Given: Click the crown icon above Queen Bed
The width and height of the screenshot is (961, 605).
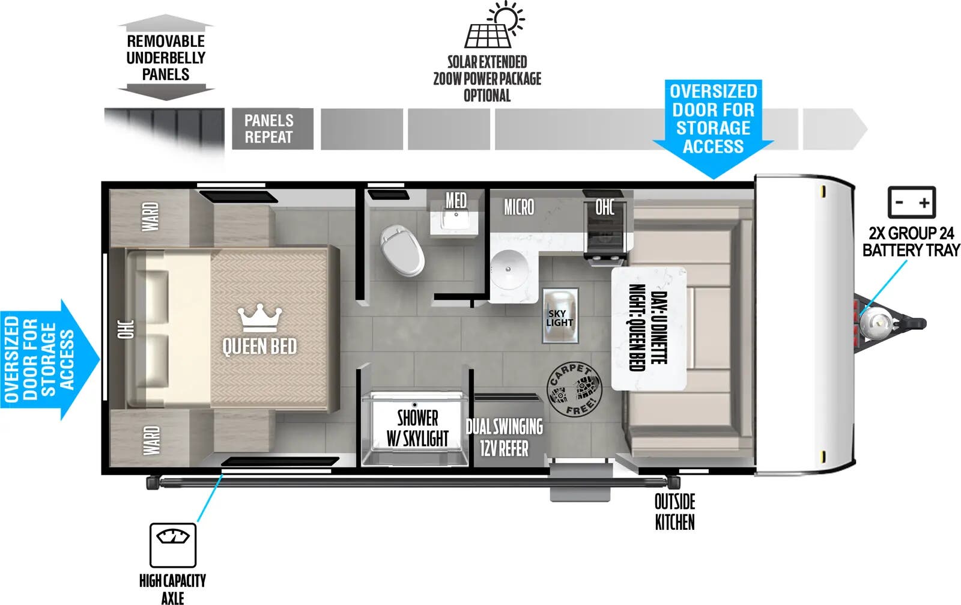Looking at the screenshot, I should [259, 317].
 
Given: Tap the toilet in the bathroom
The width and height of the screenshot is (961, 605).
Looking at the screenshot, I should [402, 251].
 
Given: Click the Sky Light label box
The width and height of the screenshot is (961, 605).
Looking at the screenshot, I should [560, 317].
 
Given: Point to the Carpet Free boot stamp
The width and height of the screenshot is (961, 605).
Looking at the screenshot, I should [574, 390].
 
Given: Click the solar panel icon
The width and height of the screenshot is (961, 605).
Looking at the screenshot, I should [488, 34].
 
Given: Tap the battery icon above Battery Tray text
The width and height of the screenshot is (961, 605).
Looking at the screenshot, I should [911, 202].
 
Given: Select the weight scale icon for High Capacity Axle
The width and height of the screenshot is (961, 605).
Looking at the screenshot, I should [173, 544].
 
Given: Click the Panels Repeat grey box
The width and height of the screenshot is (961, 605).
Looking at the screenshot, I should [273, 129].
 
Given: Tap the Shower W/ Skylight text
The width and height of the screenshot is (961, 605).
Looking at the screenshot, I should [417, 428].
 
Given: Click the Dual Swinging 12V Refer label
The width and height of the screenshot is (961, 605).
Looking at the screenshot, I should [505, 437].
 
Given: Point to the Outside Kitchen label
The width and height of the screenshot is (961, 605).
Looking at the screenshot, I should [675, 512].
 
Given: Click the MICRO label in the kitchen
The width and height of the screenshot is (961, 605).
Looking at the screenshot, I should [519, 208].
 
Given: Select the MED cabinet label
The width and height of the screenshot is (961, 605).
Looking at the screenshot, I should [456, 200].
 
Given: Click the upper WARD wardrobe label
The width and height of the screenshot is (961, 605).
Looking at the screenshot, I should [150, 216].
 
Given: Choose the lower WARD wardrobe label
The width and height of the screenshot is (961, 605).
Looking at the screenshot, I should [151, 440].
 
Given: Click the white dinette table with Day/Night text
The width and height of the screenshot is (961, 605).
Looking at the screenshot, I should [649, 328].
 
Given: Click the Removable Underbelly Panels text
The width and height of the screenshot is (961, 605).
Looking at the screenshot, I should [166, 58].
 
